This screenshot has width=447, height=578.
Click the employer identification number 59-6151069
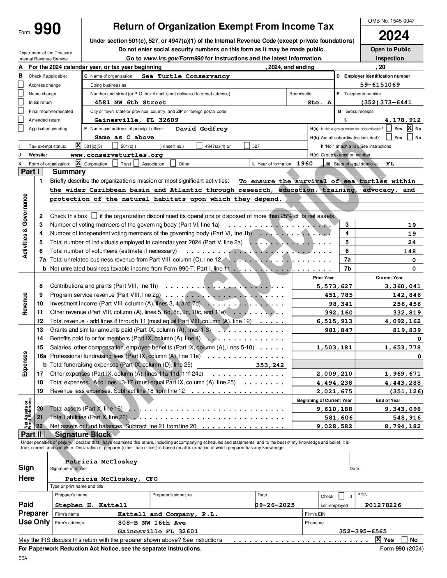point(379,85)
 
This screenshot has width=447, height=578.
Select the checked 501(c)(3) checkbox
point(79,145)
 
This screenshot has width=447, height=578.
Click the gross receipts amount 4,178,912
point(402,120)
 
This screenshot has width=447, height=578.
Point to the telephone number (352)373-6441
point(386,103)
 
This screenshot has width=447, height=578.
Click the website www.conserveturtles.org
point(117,155)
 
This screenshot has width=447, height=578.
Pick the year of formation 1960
point(304,163)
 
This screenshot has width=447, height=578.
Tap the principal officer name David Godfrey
point(201,129)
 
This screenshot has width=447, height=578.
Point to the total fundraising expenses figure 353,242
point(270,365)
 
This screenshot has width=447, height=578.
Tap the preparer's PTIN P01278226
point(383,505)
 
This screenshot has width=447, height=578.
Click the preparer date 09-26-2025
point(275,505)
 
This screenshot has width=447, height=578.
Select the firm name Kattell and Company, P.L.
point(167,514)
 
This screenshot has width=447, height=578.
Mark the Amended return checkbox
point(21,120)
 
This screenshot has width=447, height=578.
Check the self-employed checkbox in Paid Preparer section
point(341,496)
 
